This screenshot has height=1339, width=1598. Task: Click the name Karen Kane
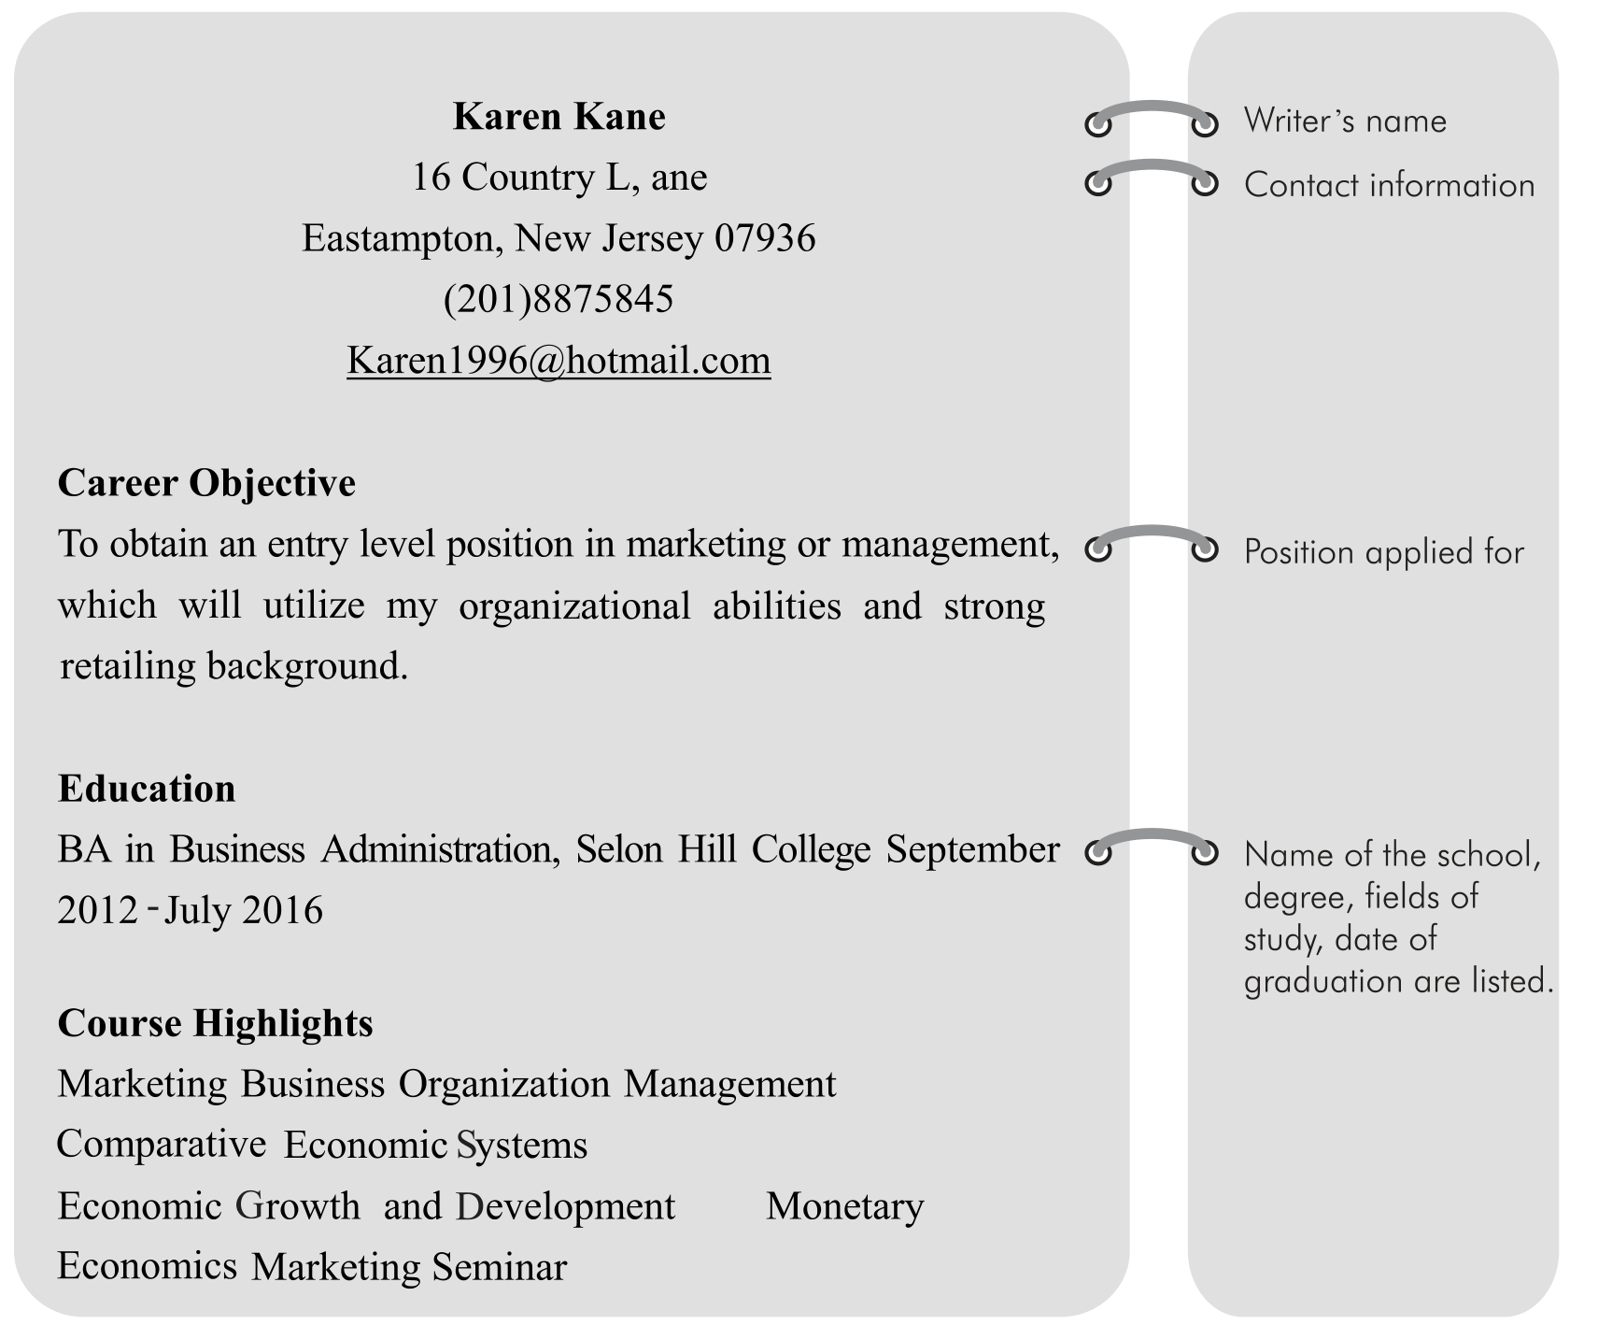(559, 117)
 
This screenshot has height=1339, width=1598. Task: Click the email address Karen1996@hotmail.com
(559, 361)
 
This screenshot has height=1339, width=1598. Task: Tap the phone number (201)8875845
(559, 300)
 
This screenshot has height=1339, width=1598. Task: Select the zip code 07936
(765, 239)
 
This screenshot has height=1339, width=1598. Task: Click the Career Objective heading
(206, 483)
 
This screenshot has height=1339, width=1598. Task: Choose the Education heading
(147, 789)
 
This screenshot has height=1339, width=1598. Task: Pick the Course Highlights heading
(215, 1023)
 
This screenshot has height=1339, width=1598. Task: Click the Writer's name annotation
(1345, 121)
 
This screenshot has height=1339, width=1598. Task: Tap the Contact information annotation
(1389, 185)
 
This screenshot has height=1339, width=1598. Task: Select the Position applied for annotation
(1383, 552)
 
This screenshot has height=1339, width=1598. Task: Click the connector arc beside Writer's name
(1153, 107)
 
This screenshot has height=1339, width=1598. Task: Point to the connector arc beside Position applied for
(1153, 533)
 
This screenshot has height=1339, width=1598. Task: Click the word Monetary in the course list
(844, 1206)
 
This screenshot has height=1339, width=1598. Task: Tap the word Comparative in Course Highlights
(162, 1145)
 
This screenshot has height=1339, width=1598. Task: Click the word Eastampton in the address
(402, 239)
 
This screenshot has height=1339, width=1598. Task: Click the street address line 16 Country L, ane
(559, 178)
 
